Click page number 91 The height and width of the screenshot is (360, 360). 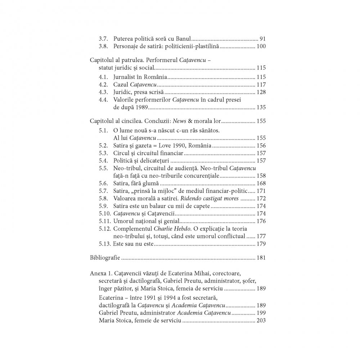262,39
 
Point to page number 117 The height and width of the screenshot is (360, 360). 261,85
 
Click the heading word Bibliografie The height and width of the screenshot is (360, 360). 105,258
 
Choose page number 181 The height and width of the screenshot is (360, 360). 261,258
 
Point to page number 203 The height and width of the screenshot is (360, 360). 261,320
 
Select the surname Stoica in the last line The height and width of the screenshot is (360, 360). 126,320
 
